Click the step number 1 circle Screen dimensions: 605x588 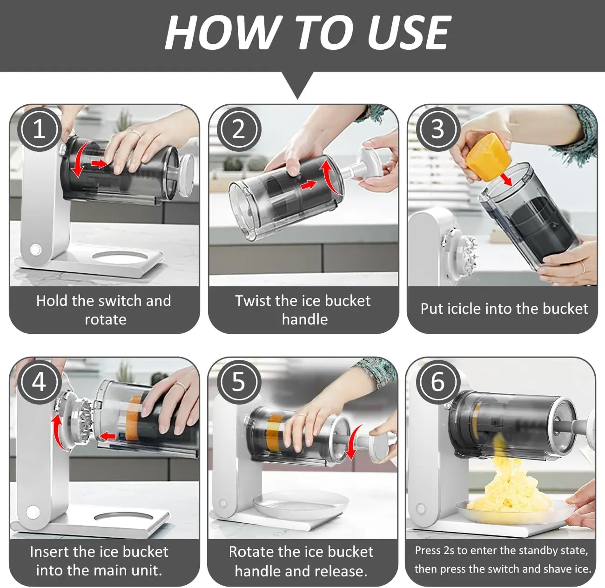39,129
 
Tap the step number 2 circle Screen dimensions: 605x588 239,129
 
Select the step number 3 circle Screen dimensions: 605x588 438,129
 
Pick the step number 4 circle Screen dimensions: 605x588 39,382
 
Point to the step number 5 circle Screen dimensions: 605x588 239,382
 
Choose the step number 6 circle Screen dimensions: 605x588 438,382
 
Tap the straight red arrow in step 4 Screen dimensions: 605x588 108,436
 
